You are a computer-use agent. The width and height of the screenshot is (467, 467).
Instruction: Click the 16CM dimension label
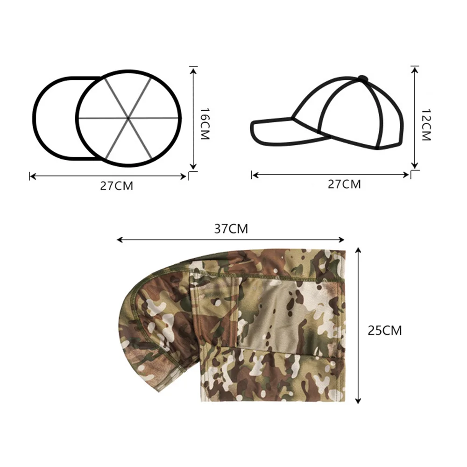coord(205,124)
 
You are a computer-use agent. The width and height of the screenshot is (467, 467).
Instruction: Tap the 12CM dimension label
coord(426,125)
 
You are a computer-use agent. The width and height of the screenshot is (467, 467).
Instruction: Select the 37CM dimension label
coord(231,229)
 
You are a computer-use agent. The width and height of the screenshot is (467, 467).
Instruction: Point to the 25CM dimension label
coord(384,330)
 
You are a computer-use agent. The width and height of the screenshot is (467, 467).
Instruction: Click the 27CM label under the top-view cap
coord(116,185)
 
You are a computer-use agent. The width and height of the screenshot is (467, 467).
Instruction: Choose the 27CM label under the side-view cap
coord(344,184)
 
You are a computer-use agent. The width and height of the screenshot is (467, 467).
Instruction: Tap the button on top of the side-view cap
coord(362,78)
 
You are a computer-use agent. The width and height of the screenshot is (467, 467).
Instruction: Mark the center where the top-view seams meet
coord(128,118)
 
